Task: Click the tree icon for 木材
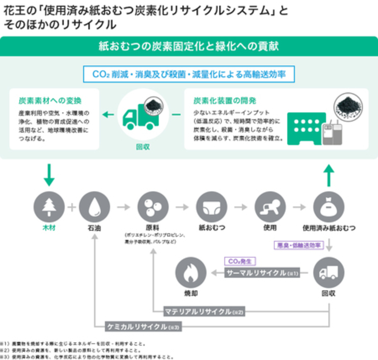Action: click(x=49, y=207)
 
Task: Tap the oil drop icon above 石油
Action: click(x=94, y=207)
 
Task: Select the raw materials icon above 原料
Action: click(x=153, y=207)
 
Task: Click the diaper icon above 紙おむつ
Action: click(x=212, y=207)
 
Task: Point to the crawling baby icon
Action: click(x=270, y=207)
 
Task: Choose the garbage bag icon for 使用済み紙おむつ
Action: click(x=329, y=207)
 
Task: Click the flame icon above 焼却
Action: click(x=191, y=273)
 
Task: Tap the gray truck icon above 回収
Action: click(x=329, y=273)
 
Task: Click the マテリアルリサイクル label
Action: click(x=203, y=312)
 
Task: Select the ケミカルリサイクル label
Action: click(x=143, y=326)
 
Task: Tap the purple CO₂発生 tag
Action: click(x=240, y=262)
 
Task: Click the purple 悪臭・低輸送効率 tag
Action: click(x=299, y=245)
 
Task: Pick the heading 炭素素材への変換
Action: click(x=50, y=101)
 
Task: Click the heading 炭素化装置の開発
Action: click(x=224, y=101)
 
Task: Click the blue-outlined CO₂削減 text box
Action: click(x=189, y=74)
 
